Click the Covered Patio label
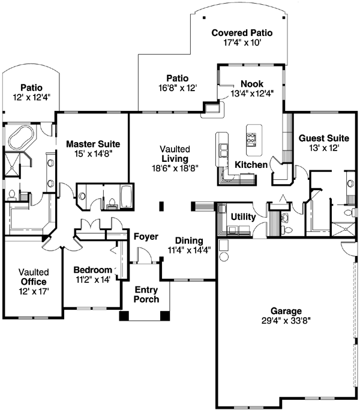(242, 33)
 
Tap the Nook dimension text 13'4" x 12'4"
(251, 93)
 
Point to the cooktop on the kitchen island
(251, 138)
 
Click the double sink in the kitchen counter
(224, 150)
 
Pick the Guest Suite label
(319, 138)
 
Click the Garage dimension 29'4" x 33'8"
(286, 321)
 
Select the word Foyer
(145, 236)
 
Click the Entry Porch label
(146, 294)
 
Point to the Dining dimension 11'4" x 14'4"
(188, 251)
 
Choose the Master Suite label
(93, 144)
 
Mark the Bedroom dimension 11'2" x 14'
(92, 279)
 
